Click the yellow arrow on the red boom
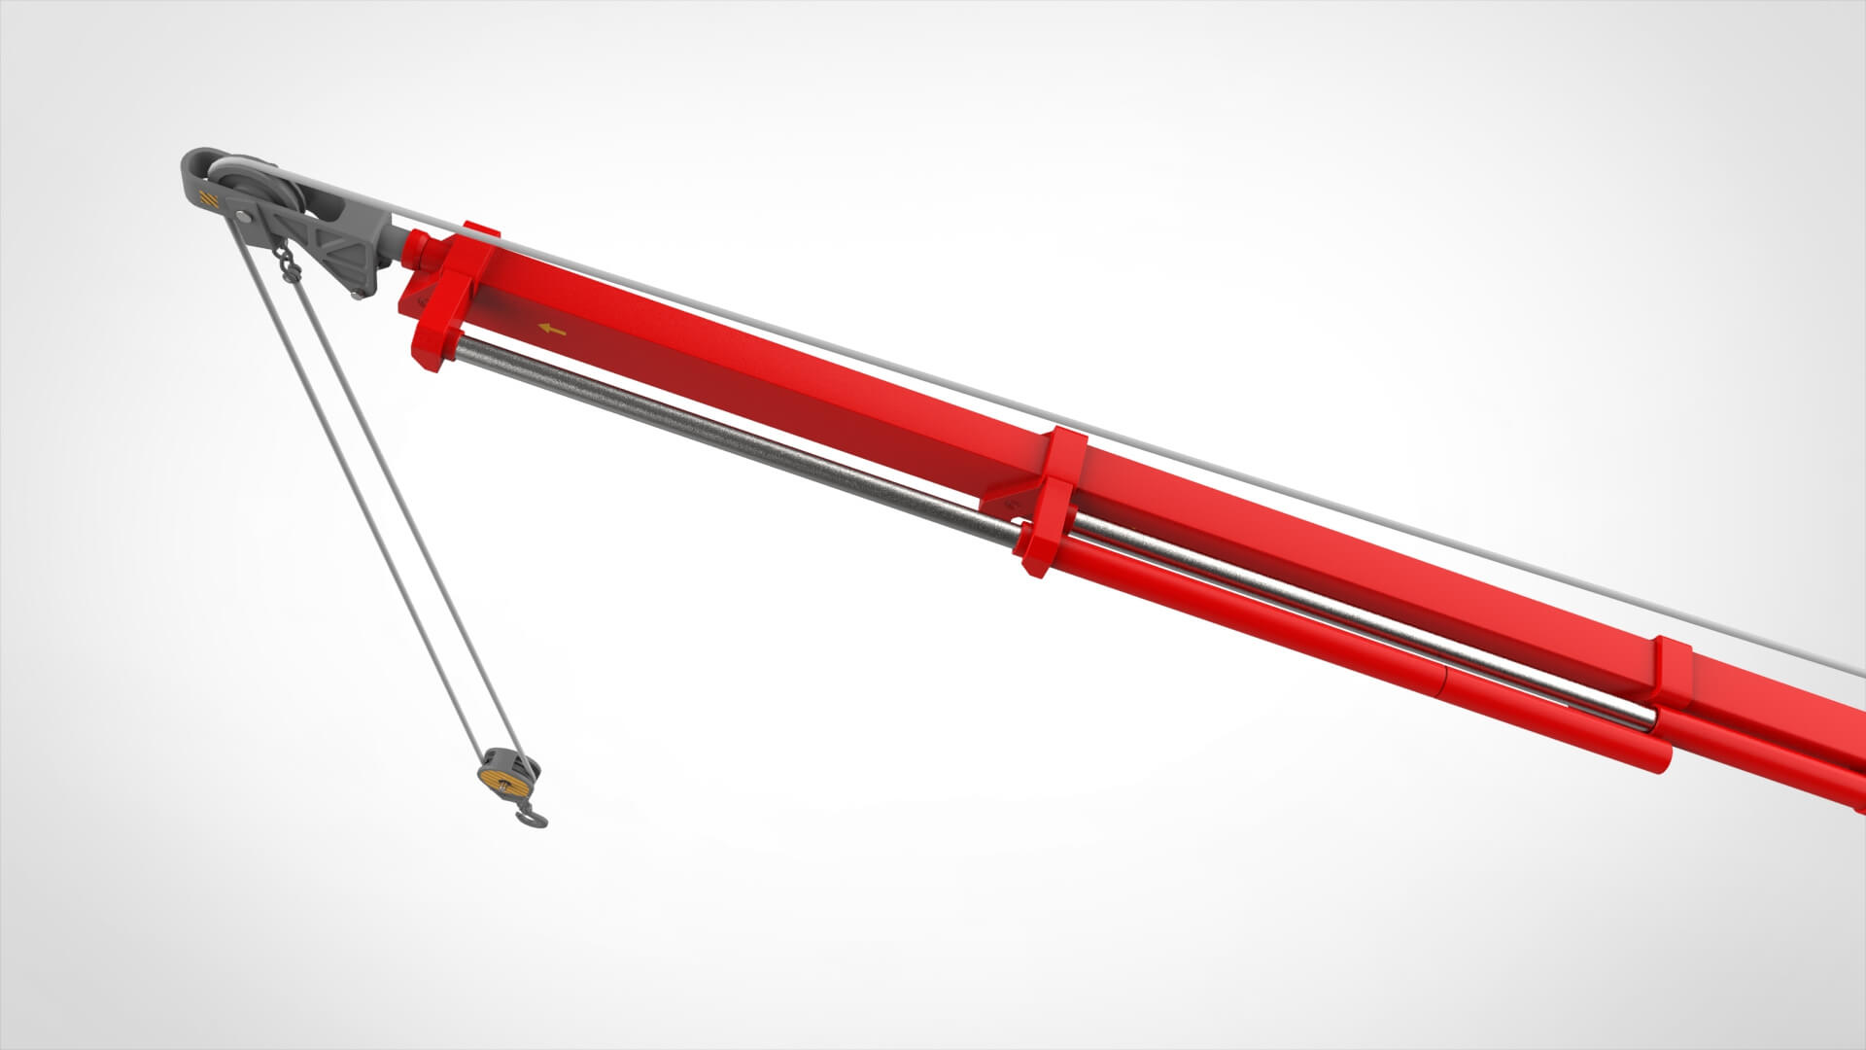point(552,331)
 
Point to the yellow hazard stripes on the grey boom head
point(206,198)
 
